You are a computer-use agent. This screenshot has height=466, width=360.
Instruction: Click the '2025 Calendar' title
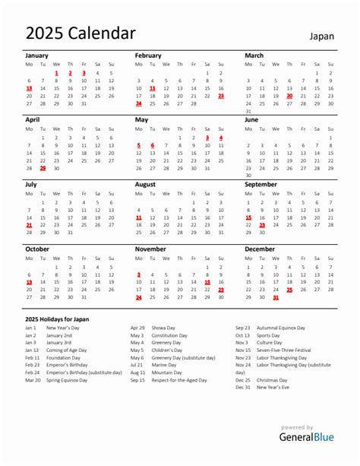pyautogui.click(x=81, y=33)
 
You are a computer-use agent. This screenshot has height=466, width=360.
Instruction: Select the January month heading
pyautogui.click(x=37, y=56)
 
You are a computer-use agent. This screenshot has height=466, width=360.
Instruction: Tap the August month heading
pyautogui.click(x=146, y=185)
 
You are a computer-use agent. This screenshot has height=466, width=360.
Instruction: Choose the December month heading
pyautogui.click(x=261, y=249)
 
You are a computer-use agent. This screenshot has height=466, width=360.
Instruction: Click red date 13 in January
pyautogui.click(x=29, y=88)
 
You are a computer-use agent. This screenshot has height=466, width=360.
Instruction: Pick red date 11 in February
pyautogui.click(x=153, y=88)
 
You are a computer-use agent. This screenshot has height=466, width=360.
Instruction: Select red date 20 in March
pyautogui.click(x=289, y=97)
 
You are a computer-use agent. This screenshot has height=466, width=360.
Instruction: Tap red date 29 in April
pyautogui.click(x=43, y=169)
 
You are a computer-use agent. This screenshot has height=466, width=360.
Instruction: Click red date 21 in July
pyautogui.click(x=29, y=225)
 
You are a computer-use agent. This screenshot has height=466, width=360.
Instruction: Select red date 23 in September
pyautogui.click(x=262, y=225)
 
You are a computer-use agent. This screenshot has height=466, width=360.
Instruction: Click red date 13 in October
pyautogui.click(x=29, y=281)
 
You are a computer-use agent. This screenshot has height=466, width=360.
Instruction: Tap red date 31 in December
pyautogui.click(x=276, y=298)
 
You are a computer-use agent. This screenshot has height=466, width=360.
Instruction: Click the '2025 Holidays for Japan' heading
pyautogui.click(x=57, y=319)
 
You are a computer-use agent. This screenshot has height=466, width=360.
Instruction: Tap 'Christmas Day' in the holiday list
pyautogui.click(x=271, y=379)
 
